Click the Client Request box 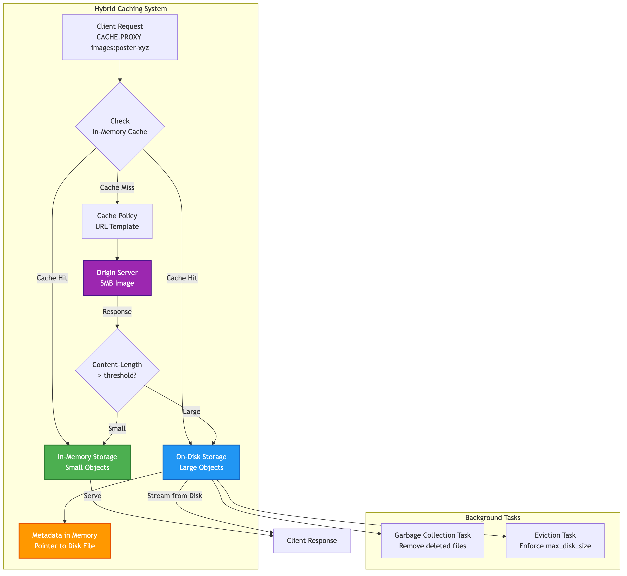120,37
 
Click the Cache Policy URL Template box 117,221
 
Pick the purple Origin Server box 117,278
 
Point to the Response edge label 117,312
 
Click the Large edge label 192,412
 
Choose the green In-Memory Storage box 87,462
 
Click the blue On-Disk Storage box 201,462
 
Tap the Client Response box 312,541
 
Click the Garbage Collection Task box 432,541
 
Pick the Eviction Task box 555,541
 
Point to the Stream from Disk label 175,496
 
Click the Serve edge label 93,496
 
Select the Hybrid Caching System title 131,9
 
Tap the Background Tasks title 492,518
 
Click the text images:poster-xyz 120,48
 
